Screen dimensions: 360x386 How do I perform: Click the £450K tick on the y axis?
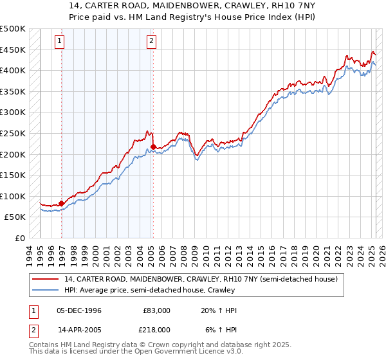click(x=13, y=50)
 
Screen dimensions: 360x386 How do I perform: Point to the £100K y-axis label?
click(x=13, y=196)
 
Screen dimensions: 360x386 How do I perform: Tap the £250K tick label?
click(x=13, y=133)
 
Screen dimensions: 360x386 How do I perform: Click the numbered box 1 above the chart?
click(x=59, y=42)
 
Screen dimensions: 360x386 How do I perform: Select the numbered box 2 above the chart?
click(x=151, y=42)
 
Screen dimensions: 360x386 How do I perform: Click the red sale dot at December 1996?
click(x=62, y=203)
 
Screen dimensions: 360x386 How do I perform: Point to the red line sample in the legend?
click(x=46, y=278)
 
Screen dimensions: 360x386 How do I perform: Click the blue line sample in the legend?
click(x=46, y=290)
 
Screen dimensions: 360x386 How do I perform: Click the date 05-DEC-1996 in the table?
click(x=79, y=310)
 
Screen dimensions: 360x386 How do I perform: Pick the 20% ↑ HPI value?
click(x=219, y=310)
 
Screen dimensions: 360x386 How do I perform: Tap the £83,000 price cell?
click(x=156, y=310)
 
